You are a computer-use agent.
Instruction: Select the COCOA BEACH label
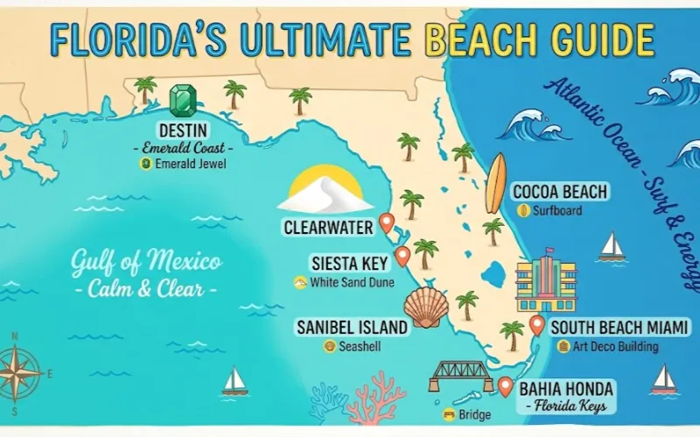pos(560,192)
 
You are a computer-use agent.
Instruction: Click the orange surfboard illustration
pos(496,183)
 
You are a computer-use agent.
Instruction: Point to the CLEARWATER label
pos(328,227)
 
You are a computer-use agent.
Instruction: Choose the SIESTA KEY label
pos(349,263)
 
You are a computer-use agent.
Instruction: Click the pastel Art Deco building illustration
pos(546,280)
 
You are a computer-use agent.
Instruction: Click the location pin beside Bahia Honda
pos(505,385)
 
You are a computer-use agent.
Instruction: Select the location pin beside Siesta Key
pos(402,256)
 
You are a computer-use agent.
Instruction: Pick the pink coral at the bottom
pos(374,399)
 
